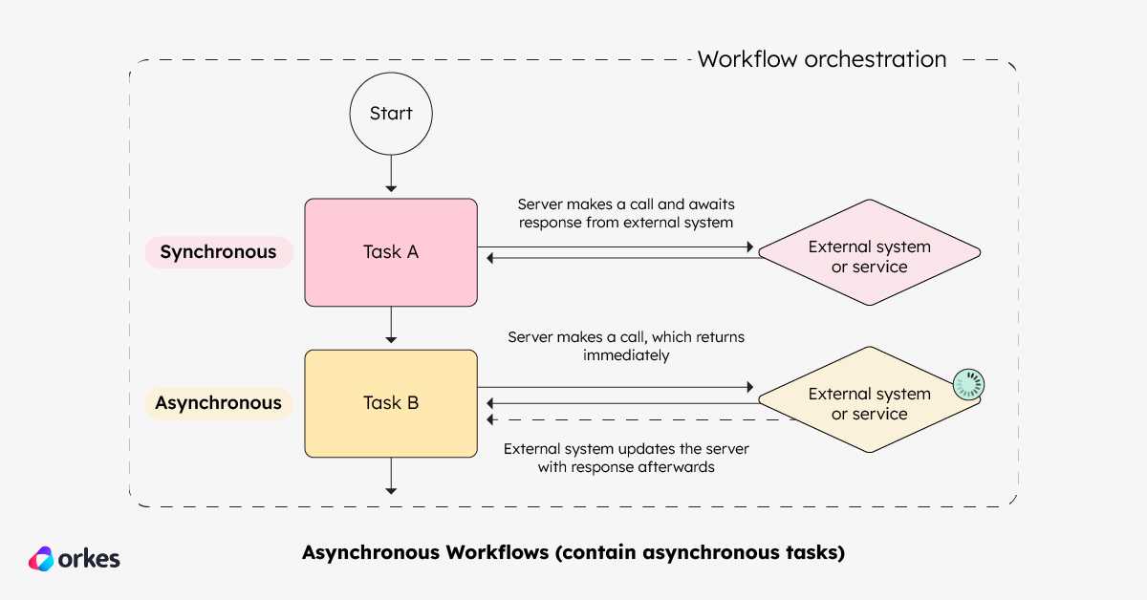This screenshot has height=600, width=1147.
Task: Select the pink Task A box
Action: coord(391,252)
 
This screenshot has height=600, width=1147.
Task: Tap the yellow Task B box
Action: coord(391,403)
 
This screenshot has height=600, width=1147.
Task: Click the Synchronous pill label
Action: coord(219,252)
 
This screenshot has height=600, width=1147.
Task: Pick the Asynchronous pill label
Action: coord(219,403)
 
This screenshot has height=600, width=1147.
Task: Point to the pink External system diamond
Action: coord(870,252)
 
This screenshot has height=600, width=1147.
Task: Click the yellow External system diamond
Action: coord(870,399)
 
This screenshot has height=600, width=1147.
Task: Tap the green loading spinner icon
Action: coord(968,384)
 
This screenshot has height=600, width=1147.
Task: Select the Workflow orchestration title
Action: coord(822,59)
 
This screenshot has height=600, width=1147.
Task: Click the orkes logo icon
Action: coord(41,559)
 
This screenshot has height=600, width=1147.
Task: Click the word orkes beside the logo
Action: coord(89,559)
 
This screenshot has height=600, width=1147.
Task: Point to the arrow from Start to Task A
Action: coord(391,174)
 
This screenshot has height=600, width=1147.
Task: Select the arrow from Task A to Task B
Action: coord(391,325)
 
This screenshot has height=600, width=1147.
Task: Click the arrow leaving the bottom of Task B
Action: coord(391,476)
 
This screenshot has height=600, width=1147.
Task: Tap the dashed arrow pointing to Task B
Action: coord(640,419)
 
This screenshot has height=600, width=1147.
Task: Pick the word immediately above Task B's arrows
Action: coord(626,355)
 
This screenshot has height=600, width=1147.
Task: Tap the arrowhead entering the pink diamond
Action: coord(750,247)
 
